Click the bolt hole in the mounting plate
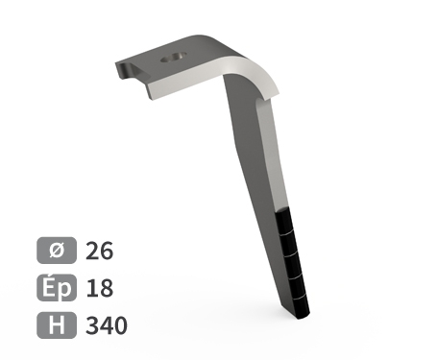pyautogui.click(x=174, y=58)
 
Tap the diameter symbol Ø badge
pyautogui.click(x=57, y=251)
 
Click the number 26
pyautogui.click(x=99, y=251)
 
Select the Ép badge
pyautogui.click(x=57, y=288)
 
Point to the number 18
pyautogui.click(x=99, y=288)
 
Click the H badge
pyautogui.click(x=57, y=325)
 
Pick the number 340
pyautogui.click(x=107, y=325)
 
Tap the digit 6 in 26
pyautogui.click(x=107, y=251)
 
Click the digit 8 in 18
pyautogui.click(x=107, y=288)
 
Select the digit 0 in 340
pyautogui.click(x=121, y=325)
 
